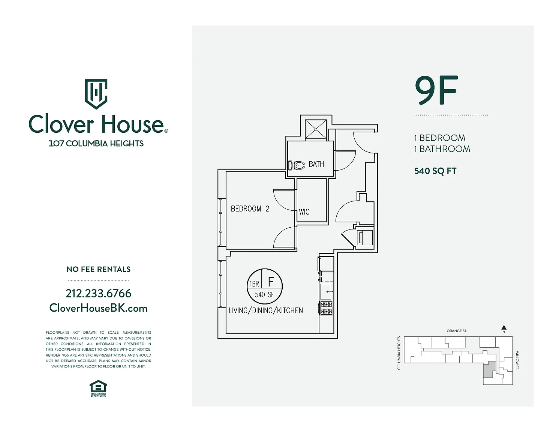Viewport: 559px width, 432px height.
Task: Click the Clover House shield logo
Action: pyautogui.click(x=96, y=94)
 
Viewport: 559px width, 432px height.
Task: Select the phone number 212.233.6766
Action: pyautogui.click(x=99, y=293)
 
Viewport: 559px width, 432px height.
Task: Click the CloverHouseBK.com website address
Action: pyautogui.click(x=99, y=308)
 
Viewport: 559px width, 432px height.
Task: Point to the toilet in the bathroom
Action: pyautogui.click(x=296, y=165)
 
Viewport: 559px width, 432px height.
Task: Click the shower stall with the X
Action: pyautogui.click(x=316, y=130)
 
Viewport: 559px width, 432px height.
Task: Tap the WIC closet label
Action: pyautogui.click(x=304, y=212)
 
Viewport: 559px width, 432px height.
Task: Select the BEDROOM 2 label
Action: pyautogui.click(x=250, y=208)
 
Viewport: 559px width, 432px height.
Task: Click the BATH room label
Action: pyautogui.click(x=316, y=164)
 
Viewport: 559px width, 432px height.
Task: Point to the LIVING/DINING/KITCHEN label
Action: pyautogui.click(x=266, y=310)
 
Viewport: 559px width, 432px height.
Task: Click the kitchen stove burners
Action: pyautogui.click(x=327, y=308)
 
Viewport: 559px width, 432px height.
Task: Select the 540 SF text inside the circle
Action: pyautogui.click(x=264, y=294)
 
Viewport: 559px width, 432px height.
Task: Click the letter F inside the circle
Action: pyautogui.click(x=271, y=282)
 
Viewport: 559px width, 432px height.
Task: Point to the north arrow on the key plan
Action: pyautogui.click(x=504, y=328)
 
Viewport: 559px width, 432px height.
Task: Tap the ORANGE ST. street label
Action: pyautogui.click(x=457, y=331)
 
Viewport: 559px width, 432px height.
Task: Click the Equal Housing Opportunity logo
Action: pyautogui.click(x=98, y=388)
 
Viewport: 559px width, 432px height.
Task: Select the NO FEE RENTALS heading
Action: pyautogui.click(x=99, y=269)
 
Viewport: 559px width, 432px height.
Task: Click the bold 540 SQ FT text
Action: pyautogui.click(x=435, y=171)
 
